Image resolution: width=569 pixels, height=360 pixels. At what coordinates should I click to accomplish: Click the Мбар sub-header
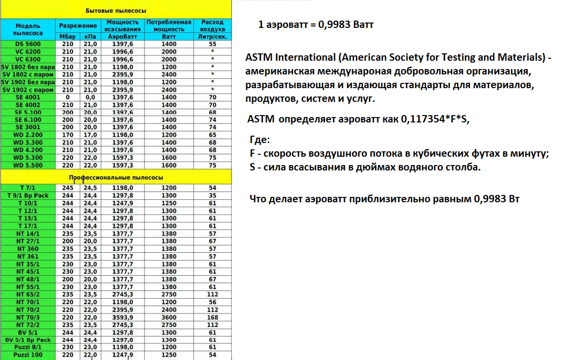(x=67, y=37)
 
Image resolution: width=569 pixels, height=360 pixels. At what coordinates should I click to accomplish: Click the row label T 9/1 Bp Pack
(x=29, y=195)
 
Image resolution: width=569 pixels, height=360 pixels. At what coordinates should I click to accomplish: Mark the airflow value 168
(x=213, y=317)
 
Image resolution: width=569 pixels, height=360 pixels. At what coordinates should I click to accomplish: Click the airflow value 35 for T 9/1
(x=213, y=195)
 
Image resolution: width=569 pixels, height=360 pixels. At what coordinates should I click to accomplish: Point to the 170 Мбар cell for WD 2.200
(x=67, y=134)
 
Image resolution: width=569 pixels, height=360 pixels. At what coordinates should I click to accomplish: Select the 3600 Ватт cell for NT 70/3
(x=169, y=317)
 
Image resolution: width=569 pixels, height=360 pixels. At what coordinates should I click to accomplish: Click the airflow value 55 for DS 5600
(x=213, y=44)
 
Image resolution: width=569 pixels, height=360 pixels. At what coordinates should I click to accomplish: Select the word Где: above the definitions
(x=260, y=140)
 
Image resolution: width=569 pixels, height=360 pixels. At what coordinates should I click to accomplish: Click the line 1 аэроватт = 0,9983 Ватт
(x=316, y=24)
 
